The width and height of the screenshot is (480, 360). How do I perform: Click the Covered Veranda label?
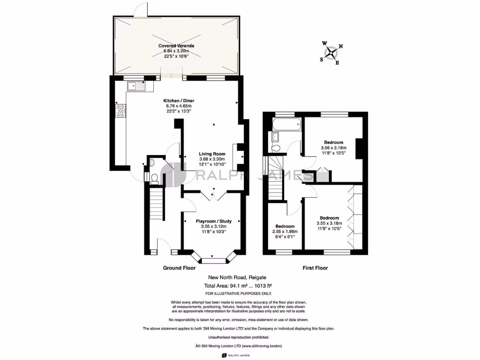(176, 45)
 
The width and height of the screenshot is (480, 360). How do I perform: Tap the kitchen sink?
(136, 86)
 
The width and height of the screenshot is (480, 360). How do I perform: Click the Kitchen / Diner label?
(179, 101)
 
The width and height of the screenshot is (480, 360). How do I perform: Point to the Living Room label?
(212, 154)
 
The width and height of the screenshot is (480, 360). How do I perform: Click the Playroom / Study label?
(213, 221)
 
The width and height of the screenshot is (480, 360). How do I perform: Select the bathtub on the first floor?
(286, 124)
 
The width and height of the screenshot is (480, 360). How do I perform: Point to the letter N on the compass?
(341, 46)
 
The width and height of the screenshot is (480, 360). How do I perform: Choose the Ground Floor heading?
(179, 268)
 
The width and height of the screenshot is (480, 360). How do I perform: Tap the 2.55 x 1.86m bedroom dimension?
(285, 231)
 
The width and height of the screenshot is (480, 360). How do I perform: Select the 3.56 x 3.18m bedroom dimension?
(333, 148)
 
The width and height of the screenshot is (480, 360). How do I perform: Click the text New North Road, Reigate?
(240, 278)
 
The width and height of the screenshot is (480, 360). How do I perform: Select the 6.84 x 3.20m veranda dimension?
(176, 51)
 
